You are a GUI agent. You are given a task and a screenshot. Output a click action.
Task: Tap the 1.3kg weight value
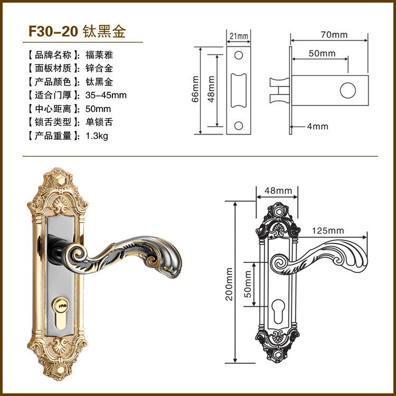click(97, 136)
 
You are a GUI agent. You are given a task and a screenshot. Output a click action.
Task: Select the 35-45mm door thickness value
click(106, 96)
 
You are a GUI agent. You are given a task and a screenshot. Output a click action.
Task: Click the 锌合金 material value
click(99, 68)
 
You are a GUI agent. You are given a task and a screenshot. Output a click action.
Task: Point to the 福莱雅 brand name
click(99, 54)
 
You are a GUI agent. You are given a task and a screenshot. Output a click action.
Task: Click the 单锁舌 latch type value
click(99, 122)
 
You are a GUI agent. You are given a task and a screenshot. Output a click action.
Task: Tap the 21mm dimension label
click(239, 36)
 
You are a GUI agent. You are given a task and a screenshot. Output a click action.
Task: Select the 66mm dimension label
click(195, 89)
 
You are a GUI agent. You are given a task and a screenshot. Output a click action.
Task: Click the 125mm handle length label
click(327, 231)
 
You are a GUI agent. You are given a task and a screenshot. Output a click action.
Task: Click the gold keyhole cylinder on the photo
click(63, 308)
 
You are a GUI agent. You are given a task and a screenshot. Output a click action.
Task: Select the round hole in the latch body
click(347, 90)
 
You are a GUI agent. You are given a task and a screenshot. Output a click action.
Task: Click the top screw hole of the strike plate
click(239, 55)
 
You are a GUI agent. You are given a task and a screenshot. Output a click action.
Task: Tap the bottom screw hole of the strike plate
click(239, 125)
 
